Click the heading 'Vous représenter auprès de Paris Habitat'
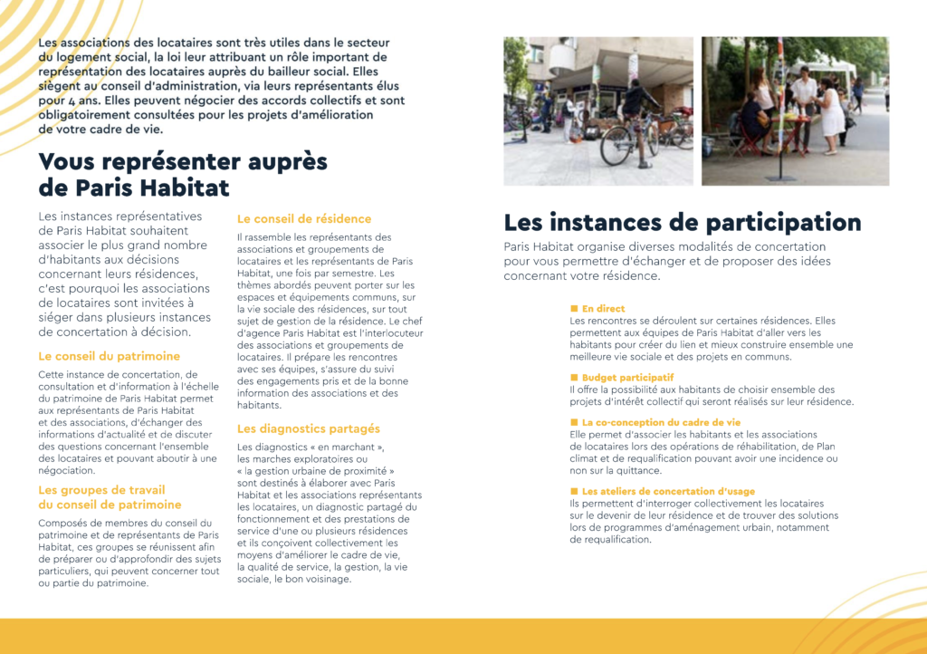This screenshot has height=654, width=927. click(x=182, y=175)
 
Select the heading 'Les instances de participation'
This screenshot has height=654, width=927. click(x=683, y=223)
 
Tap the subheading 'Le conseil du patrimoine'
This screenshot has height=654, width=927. click(x=109, y=356)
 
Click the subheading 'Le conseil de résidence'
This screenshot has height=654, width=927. click(x=304, y=219)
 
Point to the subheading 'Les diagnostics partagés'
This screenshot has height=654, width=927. click(x=309, y=428)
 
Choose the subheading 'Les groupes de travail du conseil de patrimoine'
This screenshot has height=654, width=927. click(x=110, y=497)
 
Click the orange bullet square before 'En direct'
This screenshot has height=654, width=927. click(x=574, y=309)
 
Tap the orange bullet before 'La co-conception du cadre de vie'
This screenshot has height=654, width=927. click(x=574, y=423)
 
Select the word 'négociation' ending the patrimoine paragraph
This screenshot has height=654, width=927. click(x=66, y=470)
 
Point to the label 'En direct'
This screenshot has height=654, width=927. click(x=603, y=309)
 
